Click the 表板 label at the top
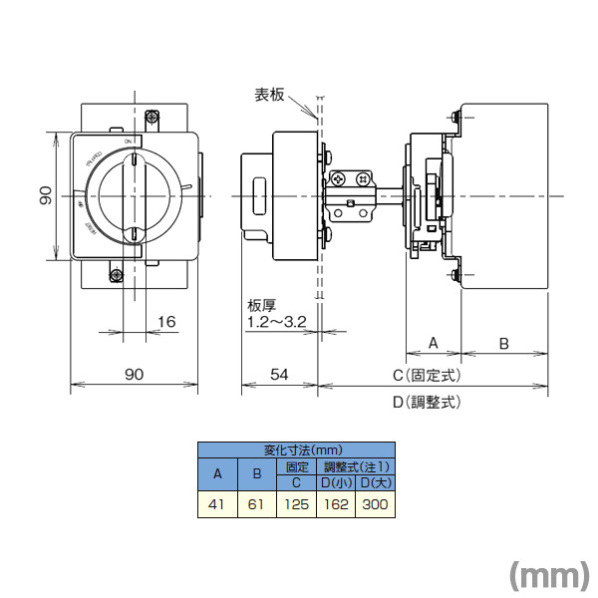coord(270,95)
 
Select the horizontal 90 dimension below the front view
coord(135,374)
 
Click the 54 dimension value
coord(279,374)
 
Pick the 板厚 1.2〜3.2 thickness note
coord(276,314)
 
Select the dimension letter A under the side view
coord(434,342)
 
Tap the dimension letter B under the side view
coord(504,342)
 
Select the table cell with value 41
coord(216,505)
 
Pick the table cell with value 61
coord(255,505)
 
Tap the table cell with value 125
coord(296,505)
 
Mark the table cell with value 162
coord(336,505)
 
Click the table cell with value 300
coord(376,505)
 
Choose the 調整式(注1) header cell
coord(356,466)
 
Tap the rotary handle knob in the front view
coord(135,198)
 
